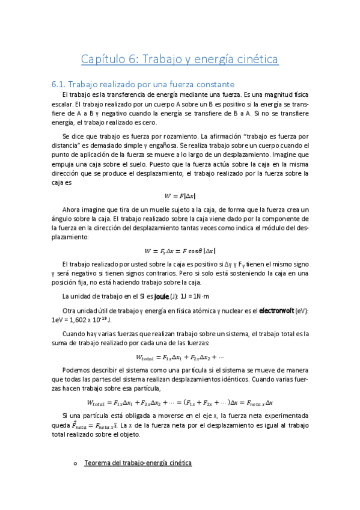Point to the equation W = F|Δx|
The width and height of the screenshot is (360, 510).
pyautogui.click(x=180, y=195)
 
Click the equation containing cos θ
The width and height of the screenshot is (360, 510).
pyautogui.click(x=180, y=251)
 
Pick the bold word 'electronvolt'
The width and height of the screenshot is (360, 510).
pyautogui.click(x=282, y=310)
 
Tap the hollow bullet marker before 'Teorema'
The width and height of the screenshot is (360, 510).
pyautogui.click(x=75, y=463)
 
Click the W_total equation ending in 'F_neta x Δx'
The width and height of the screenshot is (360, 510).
pyautogui.click(x=180, y=402)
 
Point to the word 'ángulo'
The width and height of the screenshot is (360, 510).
pyautogui.click(x=64, y=219)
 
